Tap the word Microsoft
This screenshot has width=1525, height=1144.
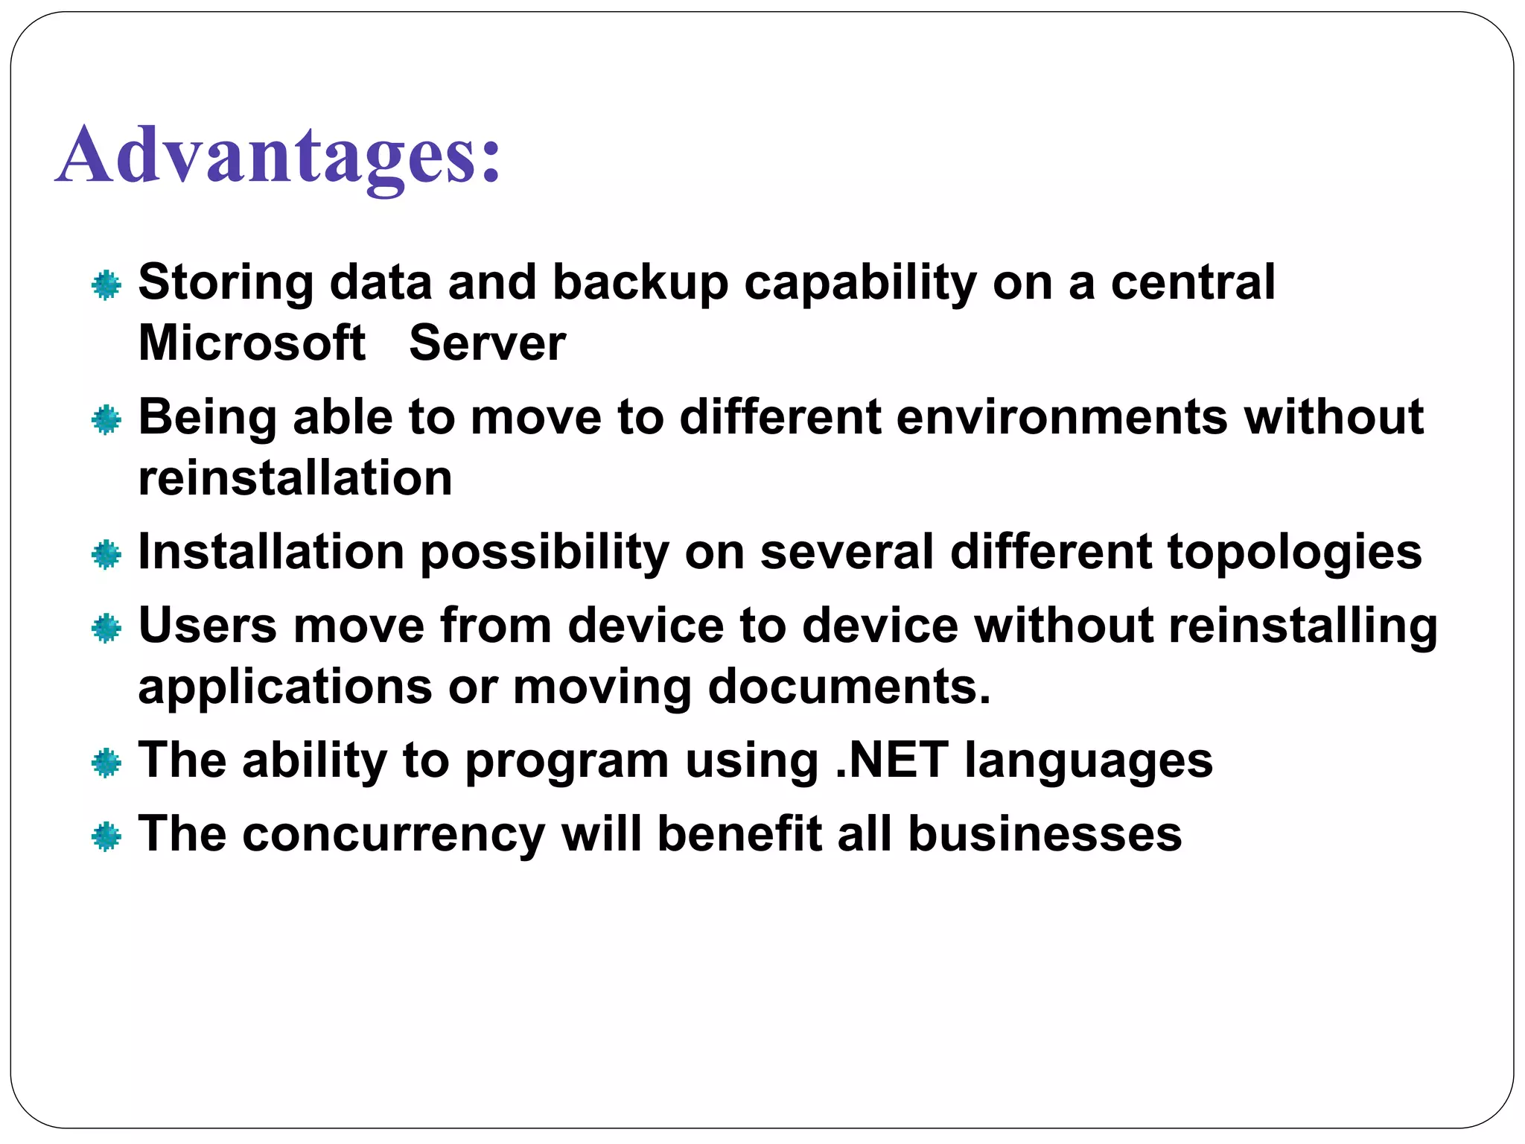point(252,343)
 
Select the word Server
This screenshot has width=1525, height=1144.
point(487,343)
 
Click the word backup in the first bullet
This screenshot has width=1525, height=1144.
point(640,283)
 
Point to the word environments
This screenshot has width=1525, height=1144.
point(1062,417)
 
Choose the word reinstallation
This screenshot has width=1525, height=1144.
point(296,477)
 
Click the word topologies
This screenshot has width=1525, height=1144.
point(1294,552)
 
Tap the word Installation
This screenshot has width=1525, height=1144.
point(271,552)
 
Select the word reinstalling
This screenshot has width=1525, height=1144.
point(1303,626)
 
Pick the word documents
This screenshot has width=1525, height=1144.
point(849,686)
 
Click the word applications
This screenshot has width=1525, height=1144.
point(285,686)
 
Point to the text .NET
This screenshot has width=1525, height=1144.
point(891,760)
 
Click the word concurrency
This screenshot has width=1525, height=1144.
point(394,834)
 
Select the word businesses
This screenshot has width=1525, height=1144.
point(1045,834)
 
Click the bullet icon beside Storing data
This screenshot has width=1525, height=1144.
point(106,285)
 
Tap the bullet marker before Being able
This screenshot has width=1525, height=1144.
point(106,420)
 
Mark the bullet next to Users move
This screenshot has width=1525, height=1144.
point(106,629)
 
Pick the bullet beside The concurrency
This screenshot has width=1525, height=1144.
point(106,837)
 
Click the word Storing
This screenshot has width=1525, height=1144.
point(226,283)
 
